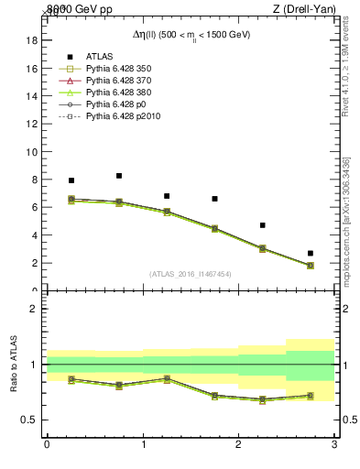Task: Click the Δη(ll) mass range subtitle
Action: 191,34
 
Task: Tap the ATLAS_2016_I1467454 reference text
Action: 191,273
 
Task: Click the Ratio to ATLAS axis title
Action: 15,365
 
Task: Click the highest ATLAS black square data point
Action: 119,176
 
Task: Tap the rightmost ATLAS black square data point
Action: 311,253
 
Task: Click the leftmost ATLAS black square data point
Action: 71,180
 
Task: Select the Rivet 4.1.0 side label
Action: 345,70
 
